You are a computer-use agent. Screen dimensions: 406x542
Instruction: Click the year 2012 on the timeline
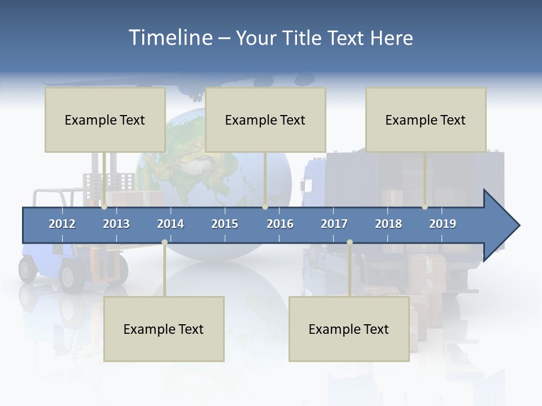[62, 224]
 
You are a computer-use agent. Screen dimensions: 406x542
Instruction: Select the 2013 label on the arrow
[116, 224]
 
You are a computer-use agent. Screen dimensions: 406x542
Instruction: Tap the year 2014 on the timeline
[171, 224]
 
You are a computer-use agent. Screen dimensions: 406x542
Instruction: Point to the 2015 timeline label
[225, 224]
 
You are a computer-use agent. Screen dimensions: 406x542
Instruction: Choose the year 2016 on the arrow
[280, 224]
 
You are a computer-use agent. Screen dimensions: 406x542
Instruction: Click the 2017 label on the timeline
[334, 224]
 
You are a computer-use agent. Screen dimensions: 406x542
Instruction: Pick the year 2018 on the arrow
[388, 224]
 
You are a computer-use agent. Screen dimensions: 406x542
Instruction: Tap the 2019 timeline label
[443, 224]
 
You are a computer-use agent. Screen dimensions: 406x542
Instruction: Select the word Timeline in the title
[170, 38]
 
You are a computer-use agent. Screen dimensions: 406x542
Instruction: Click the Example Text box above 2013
[105, 120]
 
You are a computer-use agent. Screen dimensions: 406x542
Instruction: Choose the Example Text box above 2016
[265, 120]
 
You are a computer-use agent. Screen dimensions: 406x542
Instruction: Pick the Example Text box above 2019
[426, 120]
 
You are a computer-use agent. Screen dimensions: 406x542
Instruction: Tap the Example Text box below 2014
[164, 329]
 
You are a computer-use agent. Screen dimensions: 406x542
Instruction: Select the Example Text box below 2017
[349, 329]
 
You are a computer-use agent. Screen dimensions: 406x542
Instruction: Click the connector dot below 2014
[164, 242]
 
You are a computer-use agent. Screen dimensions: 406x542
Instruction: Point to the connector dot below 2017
[349, 242]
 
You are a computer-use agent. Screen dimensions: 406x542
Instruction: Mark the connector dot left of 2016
[265, 207]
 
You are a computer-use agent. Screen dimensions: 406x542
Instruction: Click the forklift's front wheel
[72, 278]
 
